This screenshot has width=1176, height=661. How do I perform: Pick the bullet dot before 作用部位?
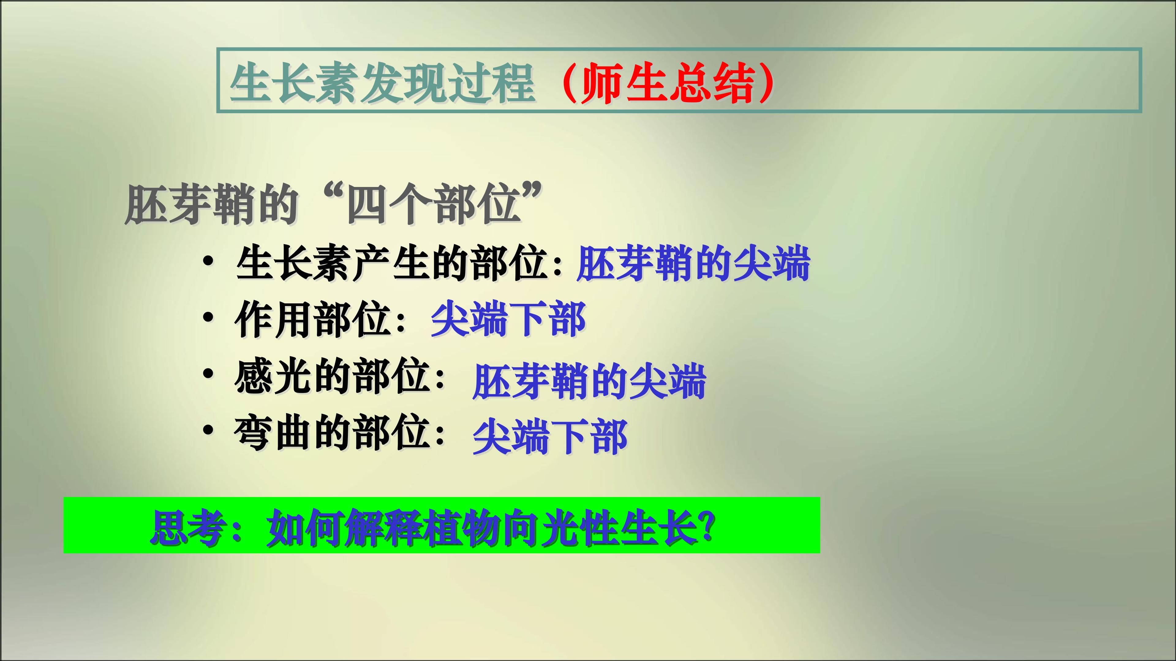(208, 318)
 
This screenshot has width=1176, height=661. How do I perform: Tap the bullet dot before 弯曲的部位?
(208, 430)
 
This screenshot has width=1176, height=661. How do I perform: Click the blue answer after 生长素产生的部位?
(693, 264)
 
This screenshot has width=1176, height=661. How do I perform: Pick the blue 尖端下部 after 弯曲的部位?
(550, 437)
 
